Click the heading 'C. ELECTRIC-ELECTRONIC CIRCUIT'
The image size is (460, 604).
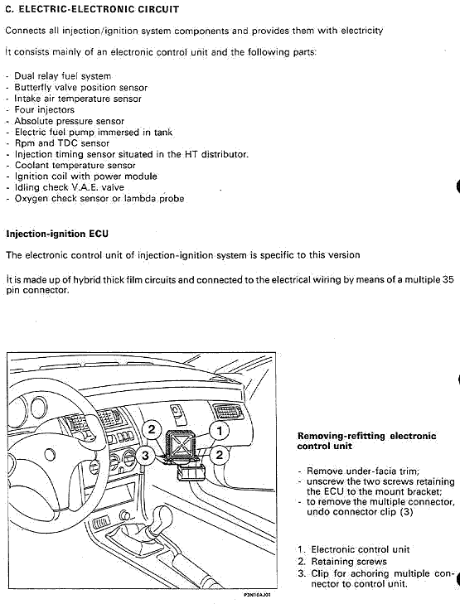92,9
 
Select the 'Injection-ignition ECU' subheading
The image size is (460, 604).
57,234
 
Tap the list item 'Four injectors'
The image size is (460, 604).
44,110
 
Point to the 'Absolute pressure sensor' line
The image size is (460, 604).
70,121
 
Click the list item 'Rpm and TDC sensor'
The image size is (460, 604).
62,143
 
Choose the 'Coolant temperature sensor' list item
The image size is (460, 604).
75,165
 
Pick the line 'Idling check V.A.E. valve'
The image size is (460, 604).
70,187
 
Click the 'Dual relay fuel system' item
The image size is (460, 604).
63,76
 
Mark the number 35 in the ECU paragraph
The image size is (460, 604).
448,279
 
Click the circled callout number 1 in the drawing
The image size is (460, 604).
220,430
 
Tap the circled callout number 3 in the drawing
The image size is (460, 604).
145,456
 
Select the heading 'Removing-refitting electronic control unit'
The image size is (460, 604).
367,441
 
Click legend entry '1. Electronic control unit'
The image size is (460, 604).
353,549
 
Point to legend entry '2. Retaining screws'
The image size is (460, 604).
342,561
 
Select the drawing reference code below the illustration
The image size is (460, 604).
258,595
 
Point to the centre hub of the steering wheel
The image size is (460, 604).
49,456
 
